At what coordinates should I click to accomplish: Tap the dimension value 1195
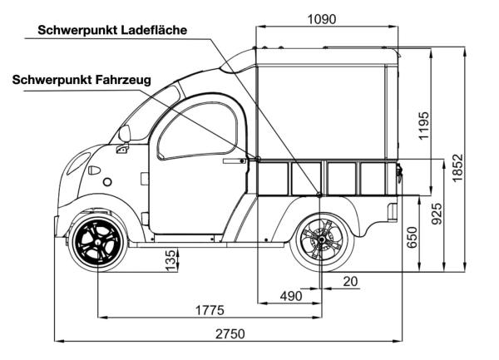(x=424, y=125)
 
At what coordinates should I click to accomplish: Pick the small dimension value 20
(x=349, y=282)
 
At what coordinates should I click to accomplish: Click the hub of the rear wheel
(x=319, y=244)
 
